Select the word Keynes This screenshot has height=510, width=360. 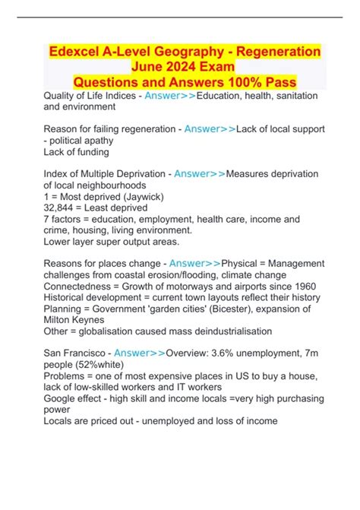(x=95, y=322)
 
